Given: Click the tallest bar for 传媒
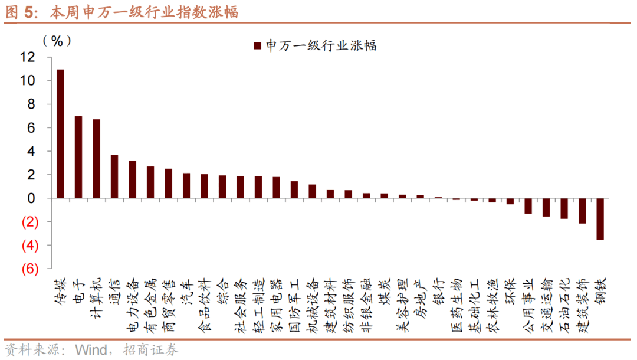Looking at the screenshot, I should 60,134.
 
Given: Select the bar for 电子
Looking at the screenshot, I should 78,157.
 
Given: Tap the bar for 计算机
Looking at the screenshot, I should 96,159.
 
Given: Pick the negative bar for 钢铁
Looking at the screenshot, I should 600,219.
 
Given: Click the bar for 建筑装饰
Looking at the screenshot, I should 582,211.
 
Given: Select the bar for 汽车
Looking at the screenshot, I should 186,185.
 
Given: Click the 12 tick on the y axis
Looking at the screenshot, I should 27,57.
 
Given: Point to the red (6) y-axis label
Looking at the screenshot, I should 29,269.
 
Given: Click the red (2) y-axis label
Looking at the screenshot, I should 29,222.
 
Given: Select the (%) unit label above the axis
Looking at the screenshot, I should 57,41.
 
